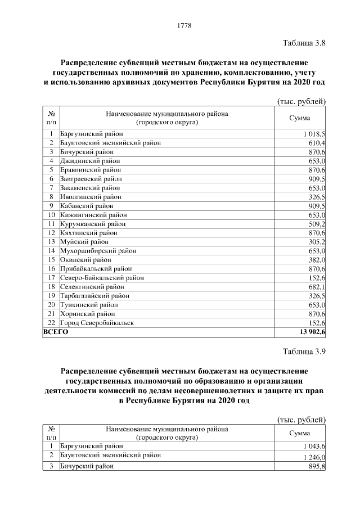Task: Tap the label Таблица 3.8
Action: coord(304,42)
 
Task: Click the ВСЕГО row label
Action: coord(56,332)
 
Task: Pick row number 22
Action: coord(51,323)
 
